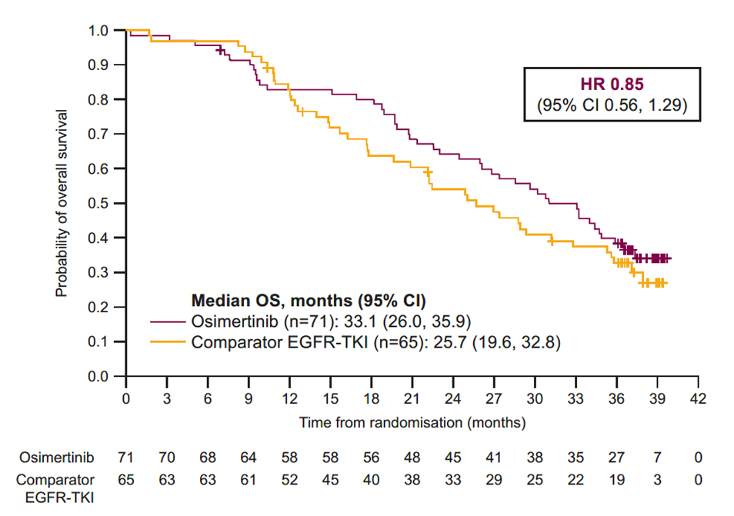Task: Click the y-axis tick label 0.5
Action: click(105, 204)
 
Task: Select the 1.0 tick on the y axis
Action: click(105, 31)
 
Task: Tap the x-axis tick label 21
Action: click(412, 399)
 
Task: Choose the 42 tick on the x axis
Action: click(697, 399)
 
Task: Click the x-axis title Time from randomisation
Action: click(412, 422)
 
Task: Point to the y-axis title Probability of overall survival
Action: click(61, 204)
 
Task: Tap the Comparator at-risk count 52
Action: click(289, 479)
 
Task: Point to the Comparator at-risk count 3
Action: click(656, 479)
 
